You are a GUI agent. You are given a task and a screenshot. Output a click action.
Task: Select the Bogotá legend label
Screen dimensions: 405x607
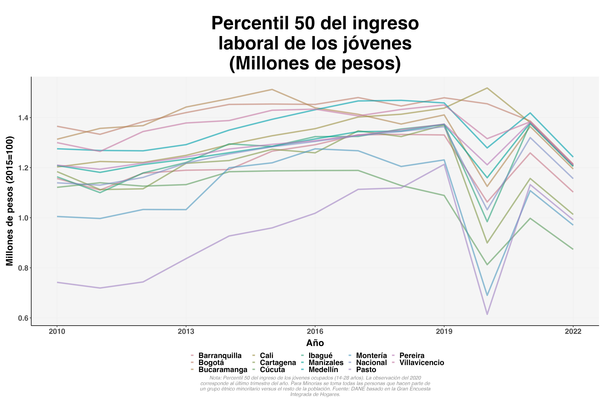tap(211, 363)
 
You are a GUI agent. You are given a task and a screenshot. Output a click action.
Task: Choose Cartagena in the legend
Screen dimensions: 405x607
tap(278, 363)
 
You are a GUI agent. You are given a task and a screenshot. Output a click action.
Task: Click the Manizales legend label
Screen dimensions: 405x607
tap(326, 363)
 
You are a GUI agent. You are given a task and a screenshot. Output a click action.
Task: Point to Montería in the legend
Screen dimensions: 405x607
tap(371, 356)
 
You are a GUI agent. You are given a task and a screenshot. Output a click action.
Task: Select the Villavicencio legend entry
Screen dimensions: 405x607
tap(422, 363)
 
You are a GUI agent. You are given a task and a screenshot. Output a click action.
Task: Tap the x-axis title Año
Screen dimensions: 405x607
tap(315, 343)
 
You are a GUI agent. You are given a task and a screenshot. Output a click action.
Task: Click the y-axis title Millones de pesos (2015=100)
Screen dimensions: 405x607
tap(10, 201)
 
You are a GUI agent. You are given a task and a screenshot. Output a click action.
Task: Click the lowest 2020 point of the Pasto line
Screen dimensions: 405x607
tap(487, 314)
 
